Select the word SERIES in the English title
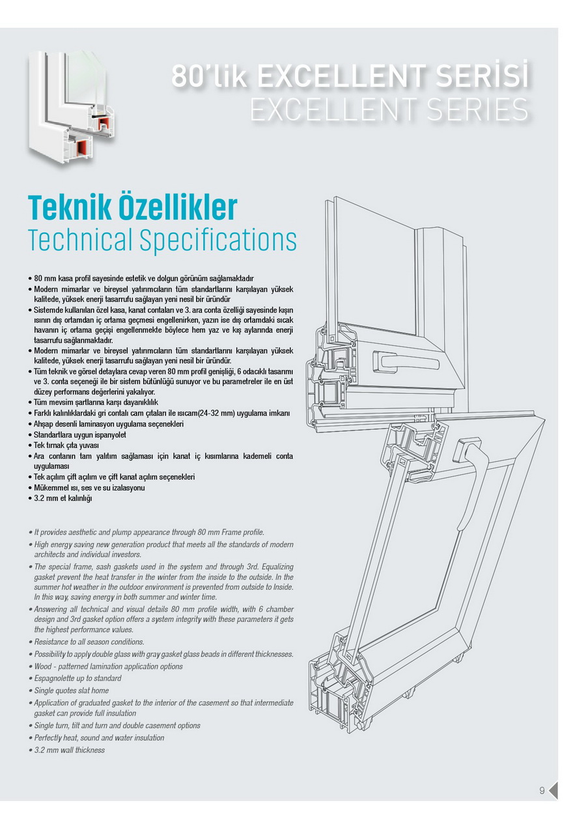[478, 109]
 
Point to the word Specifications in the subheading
[218, 240]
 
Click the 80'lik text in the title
[209, 76]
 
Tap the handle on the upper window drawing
[406, 361]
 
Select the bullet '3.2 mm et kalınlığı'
[61, 498]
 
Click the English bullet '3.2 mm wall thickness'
[67, 750]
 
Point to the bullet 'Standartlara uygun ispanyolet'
[77, 434]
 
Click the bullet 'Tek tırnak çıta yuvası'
[64, 445]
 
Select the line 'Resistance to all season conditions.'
[87, 641]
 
